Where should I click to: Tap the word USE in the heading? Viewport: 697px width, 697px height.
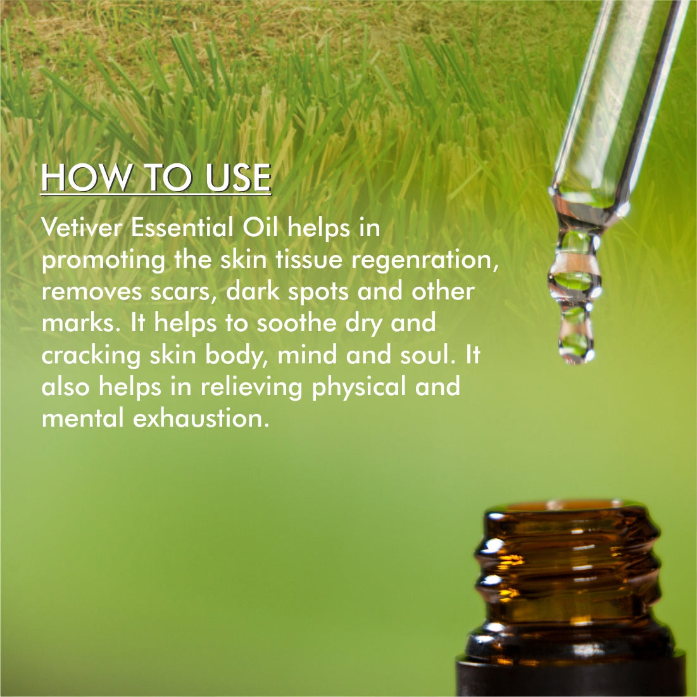pyautogui.click(x=238, y=177)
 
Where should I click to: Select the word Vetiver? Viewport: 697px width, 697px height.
pyautogui.click(x=82, y=228)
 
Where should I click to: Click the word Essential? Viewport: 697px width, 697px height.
pyautogui.click(x=182, y=228)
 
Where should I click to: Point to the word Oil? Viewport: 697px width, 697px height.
pyautogui.click(x=260, y=228)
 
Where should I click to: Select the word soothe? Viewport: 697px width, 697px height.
pyautogui.click(x=296, y=323)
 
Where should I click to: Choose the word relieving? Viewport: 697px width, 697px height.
pyautogui.click(x=251, y=387)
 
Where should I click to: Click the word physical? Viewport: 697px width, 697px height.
pyautogui.click(x=359, y=387)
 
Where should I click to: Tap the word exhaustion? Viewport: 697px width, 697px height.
pyautogui.click(x=201, y=418)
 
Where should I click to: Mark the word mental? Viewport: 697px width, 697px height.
pyautogui.click(x=83, y=418)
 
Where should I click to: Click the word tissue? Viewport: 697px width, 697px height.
pyautogui.click(x=309, y=260)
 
